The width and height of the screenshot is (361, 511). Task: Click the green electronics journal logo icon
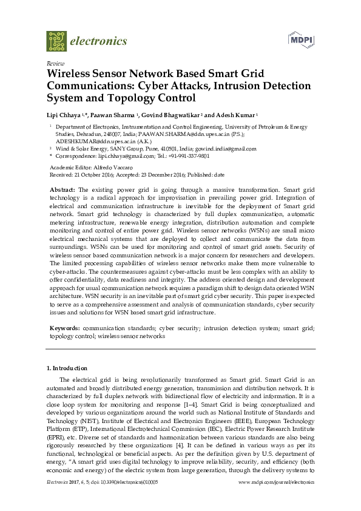(x=56, y=41)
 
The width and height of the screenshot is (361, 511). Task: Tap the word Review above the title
(x=55, y=63)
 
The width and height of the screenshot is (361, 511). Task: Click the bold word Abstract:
(x=62, y=189)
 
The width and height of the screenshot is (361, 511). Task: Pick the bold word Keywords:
(x=64, y=328)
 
